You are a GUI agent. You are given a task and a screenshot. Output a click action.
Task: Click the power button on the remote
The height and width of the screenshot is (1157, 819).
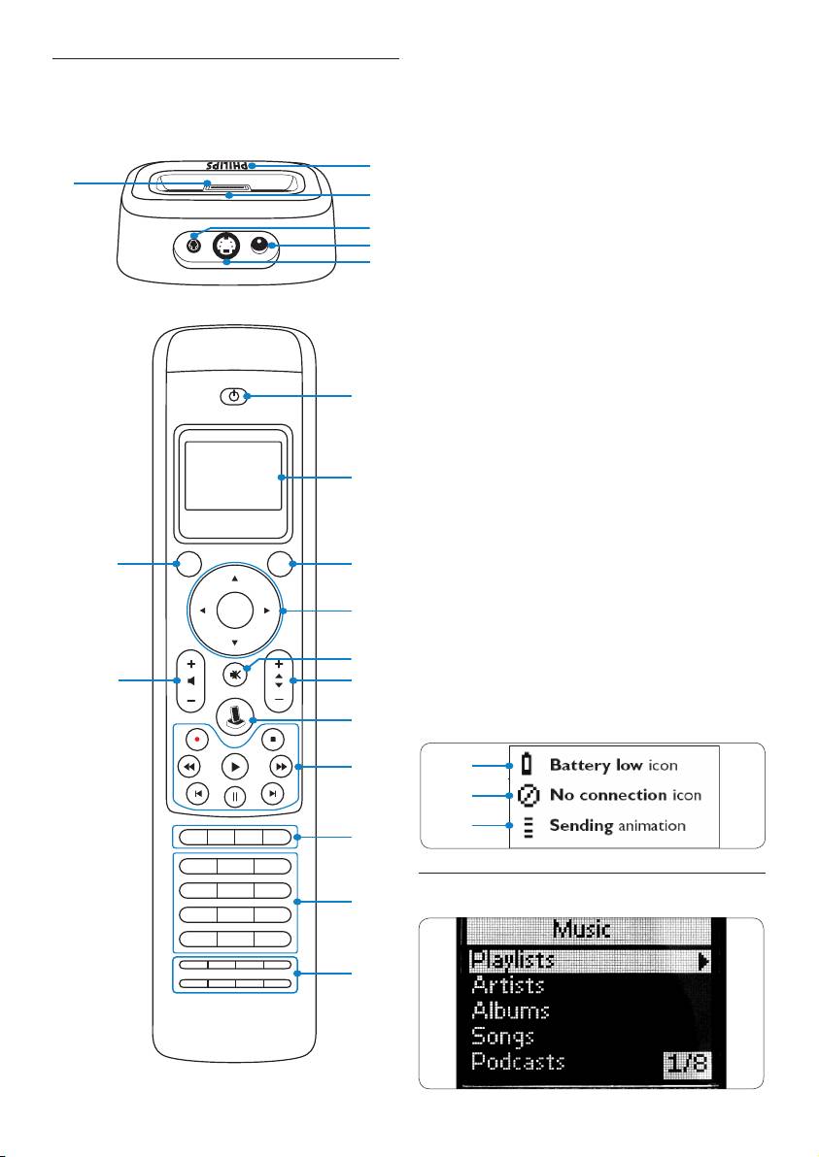[231, 396]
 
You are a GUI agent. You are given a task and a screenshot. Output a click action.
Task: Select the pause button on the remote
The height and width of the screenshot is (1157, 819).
[235, 796]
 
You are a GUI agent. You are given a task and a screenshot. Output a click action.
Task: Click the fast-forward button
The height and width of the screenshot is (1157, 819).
[280, 766]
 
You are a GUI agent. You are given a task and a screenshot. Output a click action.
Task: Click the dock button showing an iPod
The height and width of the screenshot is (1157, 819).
[234, 715]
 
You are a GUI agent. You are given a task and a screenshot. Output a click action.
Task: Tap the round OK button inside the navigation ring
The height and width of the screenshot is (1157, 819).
[234, 611]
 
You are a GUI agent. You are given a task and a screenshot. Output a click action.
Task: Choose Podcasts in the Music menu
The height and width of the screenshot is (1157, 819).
[518, 1061]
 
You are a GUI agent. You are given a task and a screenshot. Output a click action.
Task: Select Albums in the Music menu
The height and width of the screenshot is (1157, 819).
[510, 1010]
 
